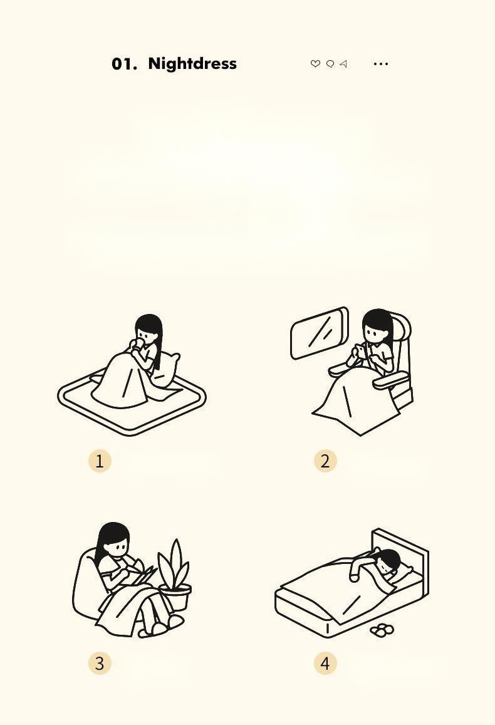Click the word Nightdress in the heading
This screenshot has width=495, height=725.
pos(192,64)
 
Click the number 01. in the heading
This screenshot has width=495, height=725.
pos(124,65)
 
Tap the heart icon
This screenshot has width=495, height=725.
pos(315,64)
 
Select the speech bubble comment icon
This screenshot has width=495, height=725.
pos(330,64)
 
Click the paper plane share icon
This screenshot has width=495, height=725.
pos(343,64)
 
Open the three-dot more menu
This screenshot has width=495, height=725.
pos(381,64)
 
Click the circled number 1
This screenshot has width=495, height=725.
pos(100,461)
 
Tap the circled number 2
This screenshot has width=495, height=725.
pos(325,461)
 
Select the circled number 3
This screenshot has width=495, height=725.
pos(100,663)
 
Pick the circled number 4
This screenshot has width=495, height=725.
pos(325,663)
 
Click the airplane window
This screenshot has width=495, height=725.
pos(320,333)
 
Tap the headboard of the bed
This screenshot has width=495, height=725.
pos(401,553)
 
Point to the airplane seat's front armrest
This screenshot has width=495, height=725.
pos(390,380)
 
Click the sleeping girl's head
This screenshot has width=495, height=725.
pos(387,560)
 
